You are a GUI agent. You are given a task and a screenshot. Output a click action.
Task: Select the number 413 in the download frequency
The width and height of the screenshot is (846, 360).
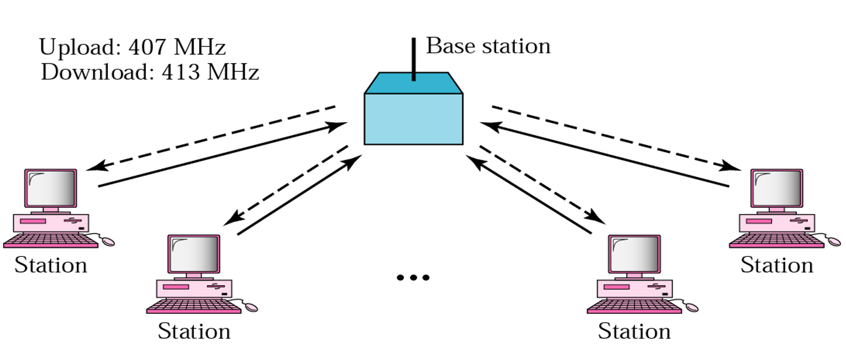[x=180, y=72]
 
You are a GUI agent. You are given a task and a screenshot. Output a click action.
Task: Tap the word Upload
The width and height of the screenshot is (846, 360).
[x=78, y=47]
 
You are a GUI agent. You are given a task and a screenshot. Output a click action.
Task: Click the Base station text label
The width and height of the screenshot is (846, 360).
[x=488, y=46]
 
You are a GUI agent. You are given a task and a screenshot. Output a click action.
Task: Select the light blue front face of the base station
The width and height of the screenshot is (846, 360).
[x=413, y=119]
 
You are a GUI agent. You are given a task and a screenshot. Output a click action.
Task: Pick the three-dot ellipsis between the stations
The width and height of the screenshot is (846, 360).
[x=413, y=277]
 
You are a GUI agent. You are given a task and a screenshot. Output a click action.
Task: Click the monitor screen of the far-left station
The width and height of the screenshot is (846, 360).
[x=51, y=188]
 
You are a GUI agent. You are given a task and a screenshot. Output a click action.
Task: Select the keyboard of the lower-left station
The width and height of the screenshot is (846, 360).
[x=194, y=306]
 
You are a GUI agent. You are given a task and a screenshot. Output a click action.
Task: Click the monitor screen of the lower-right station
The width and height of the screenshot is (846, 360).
[x=634, y=254]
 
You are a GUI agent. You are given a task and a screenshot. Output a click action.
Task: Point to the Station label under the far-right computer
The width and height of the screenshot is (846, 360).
[x=776, y=265]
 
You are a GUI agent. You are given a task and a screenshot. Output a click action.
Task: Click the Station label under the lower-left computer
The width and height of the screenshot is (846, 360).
[x=194, y=331]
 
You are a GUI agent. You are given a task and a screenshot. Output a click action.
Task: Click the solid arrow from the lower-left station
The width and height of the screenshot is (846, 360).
[x=298, y=195]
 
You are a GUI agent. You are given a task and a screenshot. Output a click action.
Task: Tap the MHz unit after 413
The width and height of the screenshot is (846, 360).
[x=232, y=72]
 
